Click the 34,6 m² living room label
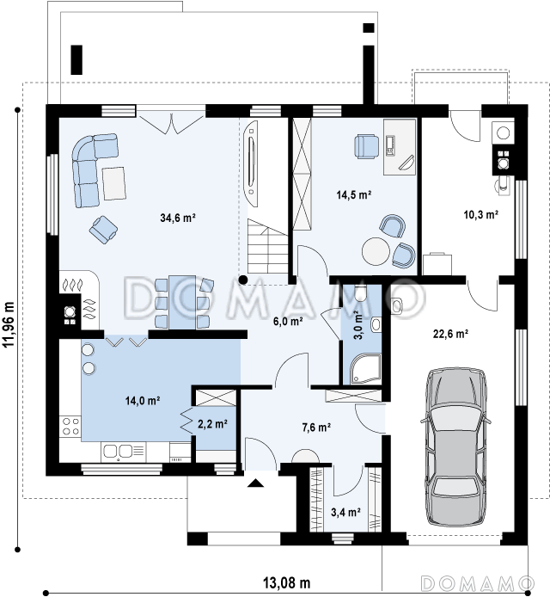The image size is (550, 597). pos(178,218)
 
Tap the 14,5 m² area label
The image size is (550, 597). pos(354,195)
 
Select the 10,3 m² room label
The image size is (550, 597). pos(480,215)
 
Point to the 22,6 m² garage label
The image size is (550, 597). pos(450,334)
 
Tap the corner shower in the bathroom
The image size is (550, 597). pos(365,368)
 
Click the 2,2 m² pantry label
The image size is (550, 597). pos(212,424)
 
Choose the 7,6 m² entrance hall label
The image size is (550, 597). pos(316,428)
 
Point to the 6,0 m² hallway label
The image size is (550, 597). pos(288,322)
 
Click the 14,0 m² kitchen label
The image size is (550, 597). pos(143,401)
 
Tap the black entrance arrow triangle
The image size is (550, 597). pos(255,483)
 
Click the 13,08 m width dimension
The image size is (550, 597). pos(287,582)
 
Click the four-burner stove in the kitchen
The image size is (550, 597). pos(70,427)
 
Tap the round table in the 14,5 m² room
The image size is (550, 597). pos(376,251)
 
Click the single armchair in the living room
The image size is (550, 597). pos(103,229)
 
